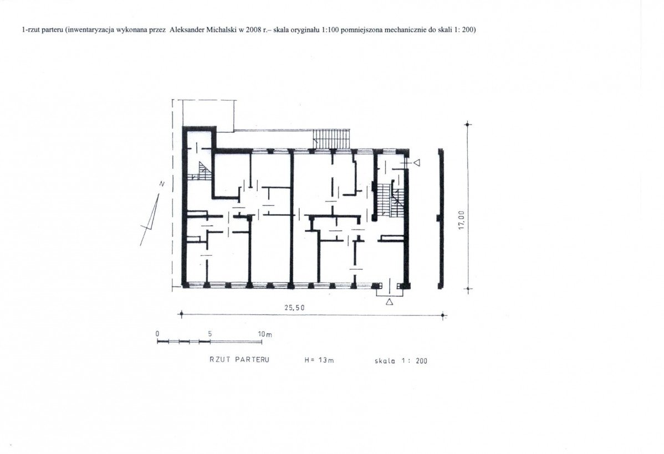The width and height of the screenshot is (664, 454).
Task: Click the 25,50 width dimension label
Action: [294, 308]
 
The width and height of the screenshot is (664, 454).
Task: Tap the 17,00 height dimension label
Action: [462, 220]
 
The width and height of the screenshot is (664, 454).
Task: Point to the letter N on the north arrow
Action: [162, 184]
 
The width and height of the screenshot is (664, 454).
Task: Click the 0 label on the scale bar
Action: [157, 333]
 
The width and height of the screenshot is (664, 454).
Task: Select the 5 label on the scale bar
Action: [210, 333]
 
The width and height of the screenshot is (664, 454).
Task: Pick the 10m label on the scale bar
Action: [265, 334]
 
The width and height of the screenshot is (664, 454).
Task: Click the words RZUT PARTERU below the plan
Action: [239, 360]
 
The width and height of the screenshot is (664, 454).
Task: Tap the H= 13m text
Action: [319, 360]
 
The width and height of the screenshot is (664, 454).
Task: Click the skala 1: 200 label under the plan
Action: [401, 361]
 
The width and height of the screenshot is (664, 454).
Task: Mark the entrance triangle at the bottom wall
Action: [390, 302]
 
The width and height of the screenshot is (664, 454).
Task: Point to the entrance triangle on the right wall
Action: [417, 162]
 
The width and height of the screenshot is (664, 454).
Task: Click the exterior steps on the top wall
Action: [331, 139]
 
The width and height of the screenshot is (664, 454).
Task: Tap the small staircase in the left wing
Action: [201, 171]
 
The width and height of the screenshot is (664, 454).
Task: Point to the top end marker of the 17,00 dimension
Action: [467, 125]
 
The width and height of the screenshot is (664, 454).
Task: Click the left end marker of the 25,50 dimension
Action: [181, 314]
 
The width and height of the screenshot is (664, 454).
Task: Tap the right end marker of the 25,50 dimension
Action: [442, 315]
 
